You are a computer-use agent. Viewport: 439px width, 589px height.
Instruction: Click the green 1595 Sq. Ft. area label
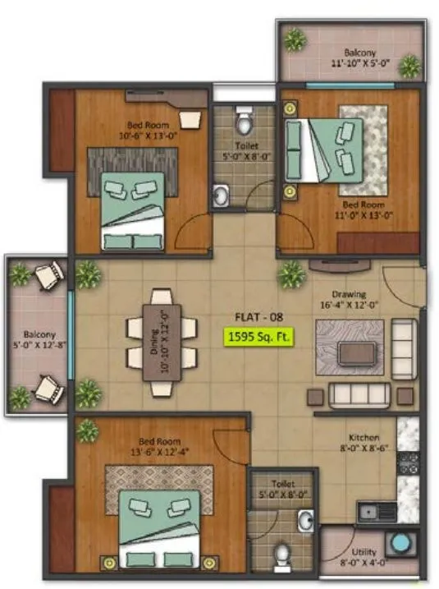pos(259,336)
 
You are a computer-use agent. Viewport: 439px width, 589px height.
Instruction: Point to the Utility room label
pos(364,554)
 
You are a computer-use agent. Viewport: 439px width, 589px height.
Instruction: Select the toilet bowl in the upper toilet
pos(244,124)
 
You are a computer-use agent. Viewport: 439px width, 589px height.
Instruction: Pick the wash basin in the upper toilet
pos(221,196)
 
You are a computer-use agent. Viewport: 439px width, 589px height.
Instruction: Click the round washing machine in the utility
pos(401,545)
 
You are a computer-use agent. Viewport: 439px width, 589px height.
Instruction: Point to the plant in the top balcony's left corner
pos(295,39)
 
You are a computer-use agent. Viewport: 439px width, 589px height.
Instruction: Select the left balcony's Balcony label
pos(39,334)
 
